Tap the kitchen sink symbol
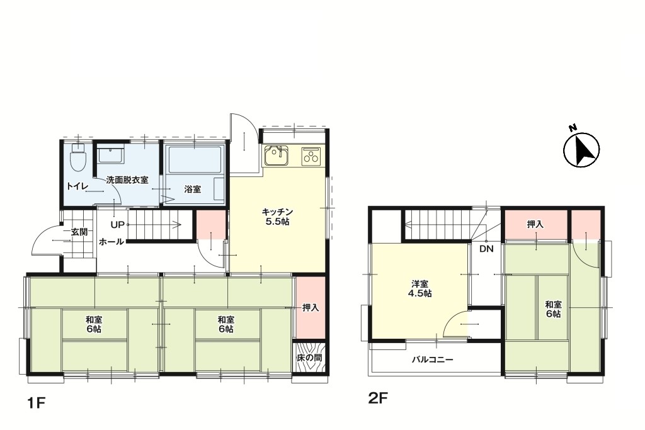277,156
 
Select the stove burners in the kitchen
311,156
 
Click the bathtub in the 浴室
194,159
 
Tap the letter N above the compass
572,127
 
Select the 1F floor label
36,404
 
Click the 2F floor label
379,399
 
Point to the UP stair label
117,225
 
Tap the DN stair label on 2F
487,249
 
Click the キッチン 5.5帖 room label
278,217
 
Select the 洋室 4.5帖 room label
420,288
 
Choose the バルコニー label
433,360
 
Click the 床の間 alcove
310,358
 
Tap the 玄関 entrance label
79,232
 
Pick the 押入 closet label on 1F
311,307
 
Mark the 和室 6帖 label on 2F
553,308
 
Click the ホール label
111,242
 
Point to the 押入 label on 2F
535,225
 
